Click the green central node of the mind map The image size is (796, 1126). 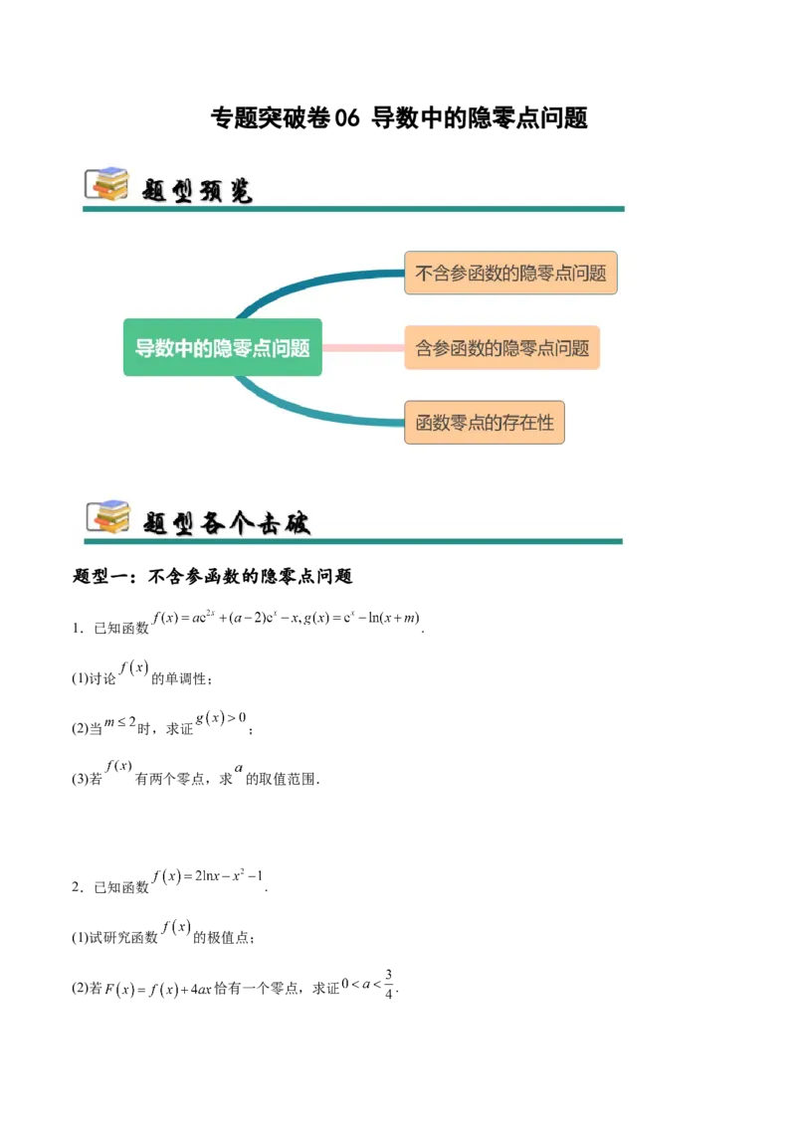pos(223,347)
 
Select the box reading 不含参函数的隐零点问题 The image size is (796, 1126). pos(510,273)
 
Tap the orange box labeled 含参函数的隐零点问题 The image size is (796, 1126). pos(501,348)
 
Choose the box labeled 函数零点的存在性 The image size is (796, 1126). pos(485,422)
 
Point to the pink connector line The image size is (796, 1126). pos(363,348)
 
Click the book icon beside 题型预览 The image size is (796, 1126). pos(107,184)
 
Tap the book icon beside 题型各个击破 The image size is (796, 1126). pos(107,516)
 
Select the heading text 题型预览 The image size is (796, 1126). pos(198,191)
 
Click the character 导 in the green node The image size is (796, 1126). pos(144,348)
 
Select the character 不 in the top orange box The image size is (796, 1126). pos(425,273)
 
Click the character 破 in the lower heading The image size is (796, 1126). pos(298,522)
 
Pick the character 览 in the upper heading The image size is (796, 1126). pos(240,191)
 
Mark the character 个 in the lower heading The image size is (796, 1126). pos(241,522)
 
